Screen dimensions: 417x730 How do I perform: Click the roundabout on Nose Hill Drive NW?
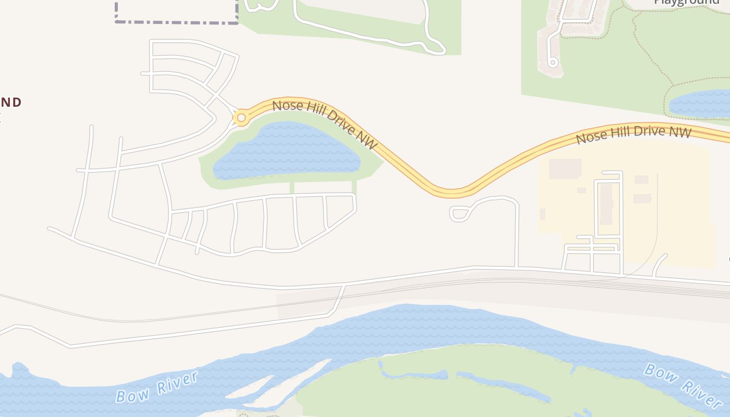click(x=241, y=118)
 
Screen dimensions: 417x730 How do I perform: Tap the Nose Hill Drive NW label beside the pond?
click(x=324, y=124)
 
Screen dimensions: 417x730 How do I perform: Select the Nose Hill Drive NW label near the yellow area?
click(x=634, y=134)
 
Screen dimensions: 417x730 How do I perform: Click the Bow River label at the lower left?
click(x=157, y=387)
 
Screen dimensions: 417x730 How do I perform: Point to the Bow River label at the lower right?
click(x=683, y=385)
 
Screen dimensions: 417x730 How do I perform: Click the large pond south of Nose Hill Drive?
click(x=286, y=152)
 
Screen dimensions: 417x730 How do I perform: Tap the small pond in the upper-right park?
click(x=701, y=104)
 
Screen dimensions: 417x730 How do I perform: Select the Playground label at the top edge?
click(x=686, y=2)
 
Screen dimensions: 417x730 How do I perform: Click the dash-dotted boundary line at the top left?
click(x=176, y=22)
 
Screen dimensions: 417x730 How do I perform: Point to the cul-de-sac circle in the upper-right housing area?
click(x=553, y=63)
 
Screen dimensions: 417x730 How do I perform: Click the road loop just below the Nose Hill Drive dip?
click(x=458, y=213)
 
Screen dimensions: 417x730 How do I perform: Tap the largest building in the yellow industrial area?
click(x=565, y=169)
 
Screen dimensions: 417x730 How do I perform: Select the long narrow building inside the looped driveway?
click(x=605, y=204)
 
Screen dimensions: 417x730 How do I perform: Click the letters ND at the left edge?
click(x=11, y=102)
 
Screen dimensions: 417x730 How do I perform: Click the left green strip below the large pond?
click(x=292, y=187)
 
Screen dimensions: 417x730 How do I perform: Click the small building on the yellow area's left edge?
click(x=542, y=214)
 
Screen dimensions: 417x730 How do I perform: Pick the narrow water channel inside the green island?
click(x=501, y=384)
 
